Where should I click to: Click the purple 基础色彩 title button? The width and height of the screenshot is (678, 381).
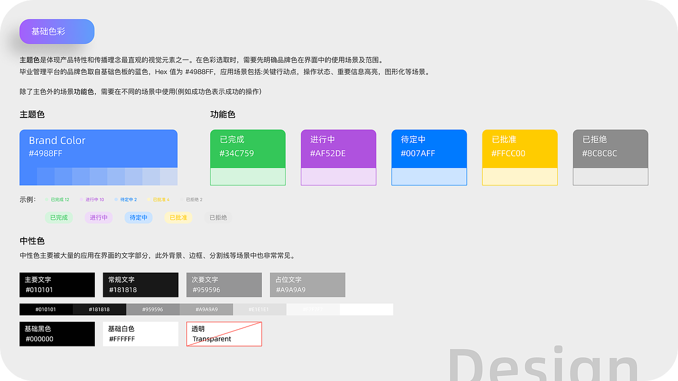[x=57, y=32]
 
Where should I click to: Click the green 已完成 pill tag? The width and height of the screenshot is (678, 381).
[x=59, y=217]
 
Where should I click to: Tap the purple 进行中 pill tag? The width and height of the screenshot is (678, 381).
[x=99, y=217]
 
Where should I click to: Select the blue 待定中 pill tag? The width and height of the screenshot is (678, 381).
[x=138, y=217]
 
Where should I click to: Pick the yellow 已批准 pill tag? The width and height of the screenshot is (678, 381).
[x=178, y=217]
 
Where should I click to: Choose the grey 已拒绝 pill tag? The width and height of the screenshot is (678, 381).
[x=218, y=217]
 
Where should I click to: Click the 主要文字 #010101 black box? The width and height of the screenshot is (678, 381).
[x=57, y=285]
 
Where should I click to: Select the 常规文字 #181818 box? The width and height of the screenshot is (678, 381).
[x=140, y=285]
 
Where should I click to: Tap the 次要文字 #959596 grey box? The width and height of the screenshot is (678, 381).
[x=224, y=285]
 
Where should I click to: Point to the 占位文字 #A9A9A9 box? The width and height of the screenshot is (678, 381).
[x=307, y=285]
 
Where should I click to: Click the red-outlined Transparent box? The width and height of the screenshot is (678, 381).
[x=224, y=334]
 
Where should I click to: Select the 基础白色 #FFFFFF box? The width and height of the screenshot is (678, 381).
[x=140, y=334]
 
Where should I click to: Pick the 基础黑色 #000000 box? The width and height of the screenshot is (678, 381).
[x=57, y=334]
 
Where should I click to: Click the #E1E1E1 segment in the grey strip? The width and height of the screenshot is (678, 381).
[x=260, y=310]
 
